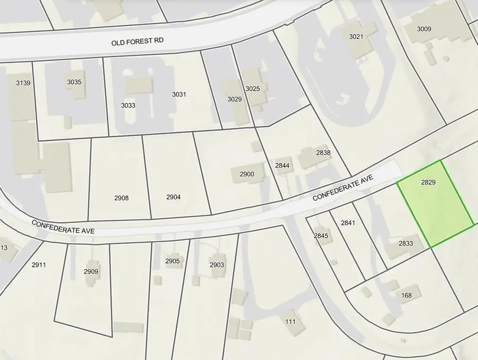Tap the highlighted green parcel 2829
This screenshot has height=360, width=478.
(436, 204)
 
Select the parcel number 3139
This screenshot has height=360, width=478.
(23, 83)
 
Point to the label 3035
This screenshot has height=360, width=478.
(74, 82)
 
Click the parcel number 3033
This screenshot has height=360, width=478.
(128, 105)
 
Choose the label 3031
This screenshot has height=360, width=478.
(179, 95)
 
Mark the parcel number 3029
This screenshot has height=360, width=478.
(234, 99)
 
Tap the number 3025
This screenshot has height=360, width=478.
(252, 88)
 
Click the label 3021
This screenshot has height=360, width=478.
(356, 37)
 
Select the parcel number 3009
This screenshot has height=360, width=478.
(424, 29)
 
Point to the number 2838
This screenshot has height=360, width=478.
(323, 153)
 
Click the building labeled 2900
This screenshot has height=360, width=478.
(247, 174)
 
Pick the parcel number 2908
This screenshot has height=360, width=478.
(121, 198)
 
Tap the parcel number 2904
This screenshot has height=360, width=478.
(173, 197)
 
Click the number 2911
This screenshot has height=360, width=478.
(39, 264)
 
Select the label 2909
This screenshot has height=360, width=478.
(91, 271)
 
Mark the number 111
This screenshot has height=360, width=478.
(291, 322)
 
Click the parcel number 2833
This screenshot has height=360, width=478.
(406, 243)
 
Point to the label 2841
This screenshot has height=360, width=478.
(348, 222)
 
